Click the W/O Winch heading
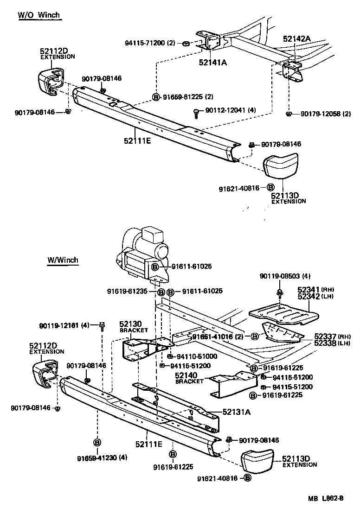[x=39, y=15]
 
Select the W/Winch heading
[x=63, y=260]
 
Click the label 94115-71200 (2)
[x=150, y=43]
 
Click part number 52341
[x=307, y=290]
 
